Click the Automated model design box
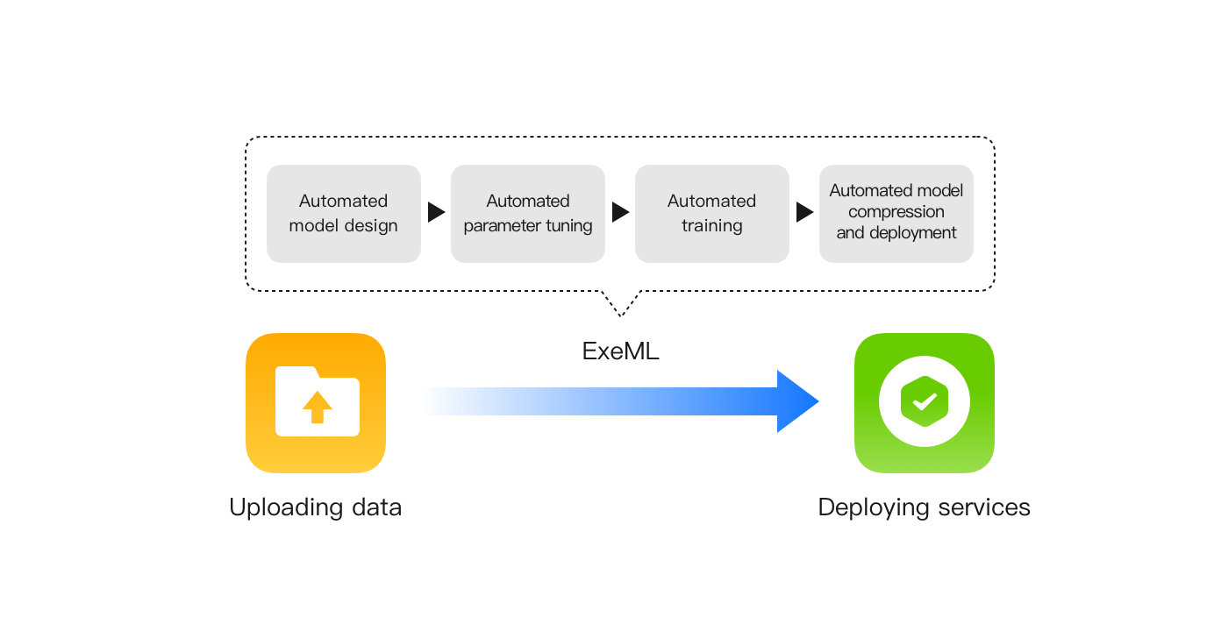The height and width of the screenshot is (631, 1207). [344, 213]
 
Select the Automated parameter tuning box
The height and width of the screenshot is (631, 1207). [528, 213]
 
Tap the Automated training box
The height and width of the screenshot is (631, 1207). [712, 213]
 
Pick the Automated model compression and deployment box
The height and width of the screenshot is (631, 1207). [896, 213]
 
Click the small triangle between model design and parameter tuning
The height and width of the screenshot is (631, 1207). [436, 213]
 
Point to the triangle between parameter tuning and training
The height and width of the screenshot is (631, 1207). [620, 213]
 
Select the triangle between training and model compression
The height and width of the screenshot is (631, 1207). [804, 213]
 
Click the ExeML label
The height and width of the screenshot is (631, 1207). [621, 351]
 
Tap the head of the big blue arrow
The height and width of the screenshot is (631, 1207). [796, 401]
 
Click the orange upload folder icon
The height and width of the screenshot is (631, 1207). [316, 403]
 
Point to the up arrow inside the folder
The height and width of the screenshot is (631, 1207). [317, 407]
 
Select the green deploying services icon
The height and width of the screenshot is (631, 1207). [925, 403]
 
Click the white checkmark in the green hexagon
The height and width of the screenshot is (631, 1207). [925, 403]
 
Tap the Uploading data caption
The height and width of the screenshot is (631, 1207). [316, 507]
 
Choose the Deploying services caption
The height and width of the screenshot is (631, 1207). [925, 507]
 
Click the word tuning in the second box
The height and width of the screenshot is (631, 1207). [569, 226]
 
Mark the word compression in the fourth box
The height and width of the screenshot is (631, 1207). [896, 212]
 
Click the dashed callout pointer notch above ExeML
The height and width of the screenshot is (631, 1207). [621, 304]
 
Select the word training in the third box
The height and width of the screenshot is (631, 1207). [712, 226]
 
